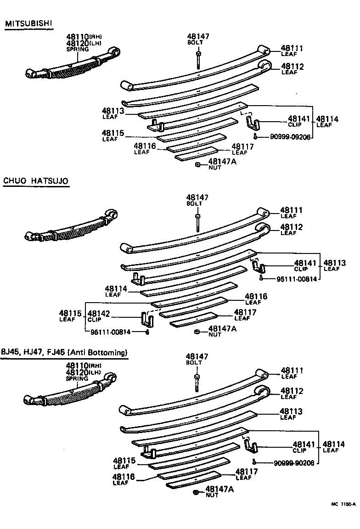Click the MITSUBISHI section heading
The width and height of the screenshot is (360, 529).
click(x=29, y=23)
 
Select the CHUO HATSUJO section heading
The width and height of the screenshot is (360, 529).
click(x=36, y=181)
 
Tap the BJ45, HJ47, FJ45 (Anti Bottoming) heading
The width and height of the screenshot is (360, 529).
click(x=64, y=353)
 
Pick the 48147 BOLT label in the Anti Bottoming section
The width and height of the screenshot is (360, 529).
click(x=197, y=359)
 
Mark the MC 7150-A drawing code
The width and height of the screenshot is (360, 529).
click(x=343, y=504)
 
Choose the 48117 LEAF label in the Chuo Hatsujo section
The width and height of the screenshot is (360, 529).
click(x=244, y=315)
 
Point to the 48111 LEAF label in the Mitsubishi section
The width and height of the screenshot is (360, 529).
click(x=292, y=50)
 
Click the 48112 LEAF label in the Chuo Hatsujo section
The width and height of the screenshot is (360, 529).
click(x=292, y=229)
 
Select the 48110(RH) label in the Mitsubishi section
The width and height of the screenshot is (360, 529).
click(x=83, y=37)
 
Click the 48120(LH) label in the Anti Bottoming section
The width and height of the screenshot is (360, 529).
click(x=83, y=372)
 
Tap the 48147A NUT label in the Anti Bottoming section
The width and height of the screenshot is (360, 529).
click(x=219, y=492)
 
